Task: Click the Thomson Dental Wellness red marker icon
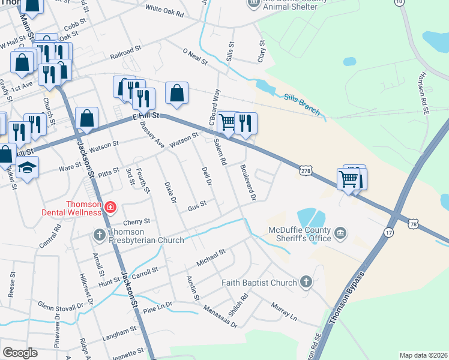pos(110,208)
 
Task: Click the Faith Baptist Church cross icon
pos(306,282)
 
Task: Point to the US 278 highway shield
pos(306,171)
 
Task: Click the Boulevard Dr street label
pos(249,182)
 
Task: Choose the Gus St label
pos(197,205)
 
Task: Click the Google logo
pos(20,353)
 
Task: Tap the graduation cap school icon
pos(27,169)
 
